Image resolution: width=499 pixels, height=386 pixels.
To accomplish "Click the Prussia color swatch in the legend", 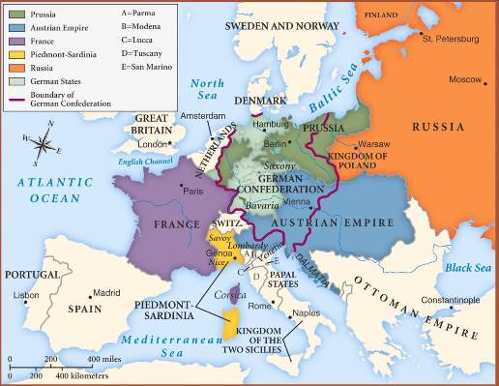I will coord(15,14).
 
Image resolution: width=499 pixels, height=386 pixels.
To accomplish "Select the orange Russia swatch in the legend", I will coord(15,69).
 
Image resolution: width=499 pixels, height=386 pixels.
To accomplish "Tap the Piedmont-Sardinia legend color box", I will coord(15,55).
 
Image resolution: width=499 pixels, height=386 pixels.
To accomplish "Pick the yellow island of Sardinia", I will coord(230,324).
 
